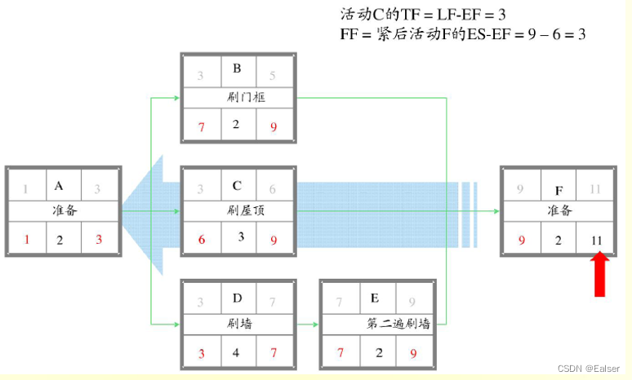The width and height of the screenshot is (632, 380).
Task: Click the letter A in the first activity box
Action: (x=59, y=186)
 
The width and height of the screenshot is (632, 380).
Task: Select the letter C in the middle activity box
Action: (x=236, y=186)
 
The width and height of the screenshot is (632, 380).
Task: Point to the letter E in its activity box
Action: (x=376, y=299)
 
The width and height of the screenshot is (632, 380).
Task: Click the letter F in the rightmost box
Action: (x=559, y=190)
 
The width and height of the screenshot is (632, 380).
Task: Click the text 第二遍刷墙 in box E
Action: (x=398, y=324)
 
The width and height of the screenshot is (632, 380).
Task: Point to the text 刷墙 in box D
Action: (x=238, y=324)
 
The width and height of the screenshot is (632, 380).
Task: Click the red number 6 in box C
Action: (x=201, y=241)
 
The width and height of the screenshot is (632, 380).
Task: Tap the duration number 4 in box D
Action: (x=236, y=354)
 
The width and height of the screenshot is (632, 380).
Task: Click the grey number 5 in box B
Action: (x=273, y=77)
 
